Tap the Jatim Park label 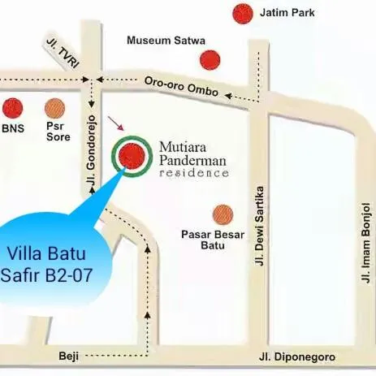coord(287,13)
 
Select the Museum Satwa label coord(166,40)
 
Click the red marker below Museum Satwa coord(211,60)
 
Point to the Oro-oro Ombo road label coord(181,87)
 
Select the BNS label coord(13,128)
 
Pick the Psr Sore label coord(57,132)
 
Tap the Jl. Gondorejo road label coord(91,159)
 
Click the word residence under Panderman coord(194,174)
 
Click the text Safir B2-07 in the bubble coord(46,274)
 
